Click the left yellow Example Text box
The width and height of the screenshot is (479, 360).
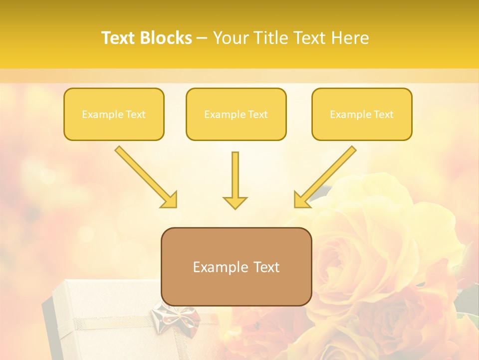[x=114, y=114]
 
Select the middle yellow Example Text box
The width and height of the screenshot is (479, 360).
[x=236, y=114]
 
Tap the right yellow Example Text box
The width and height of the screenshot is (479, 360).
[x=362, y=114]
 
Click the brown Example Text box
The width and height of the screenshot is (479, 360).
[x=236, y=266]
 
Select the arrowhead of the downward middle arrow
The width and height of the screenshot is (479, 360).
[x=235, y=202]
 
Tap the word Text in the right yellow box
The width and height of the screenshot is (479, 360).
[x=383, y=114]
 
